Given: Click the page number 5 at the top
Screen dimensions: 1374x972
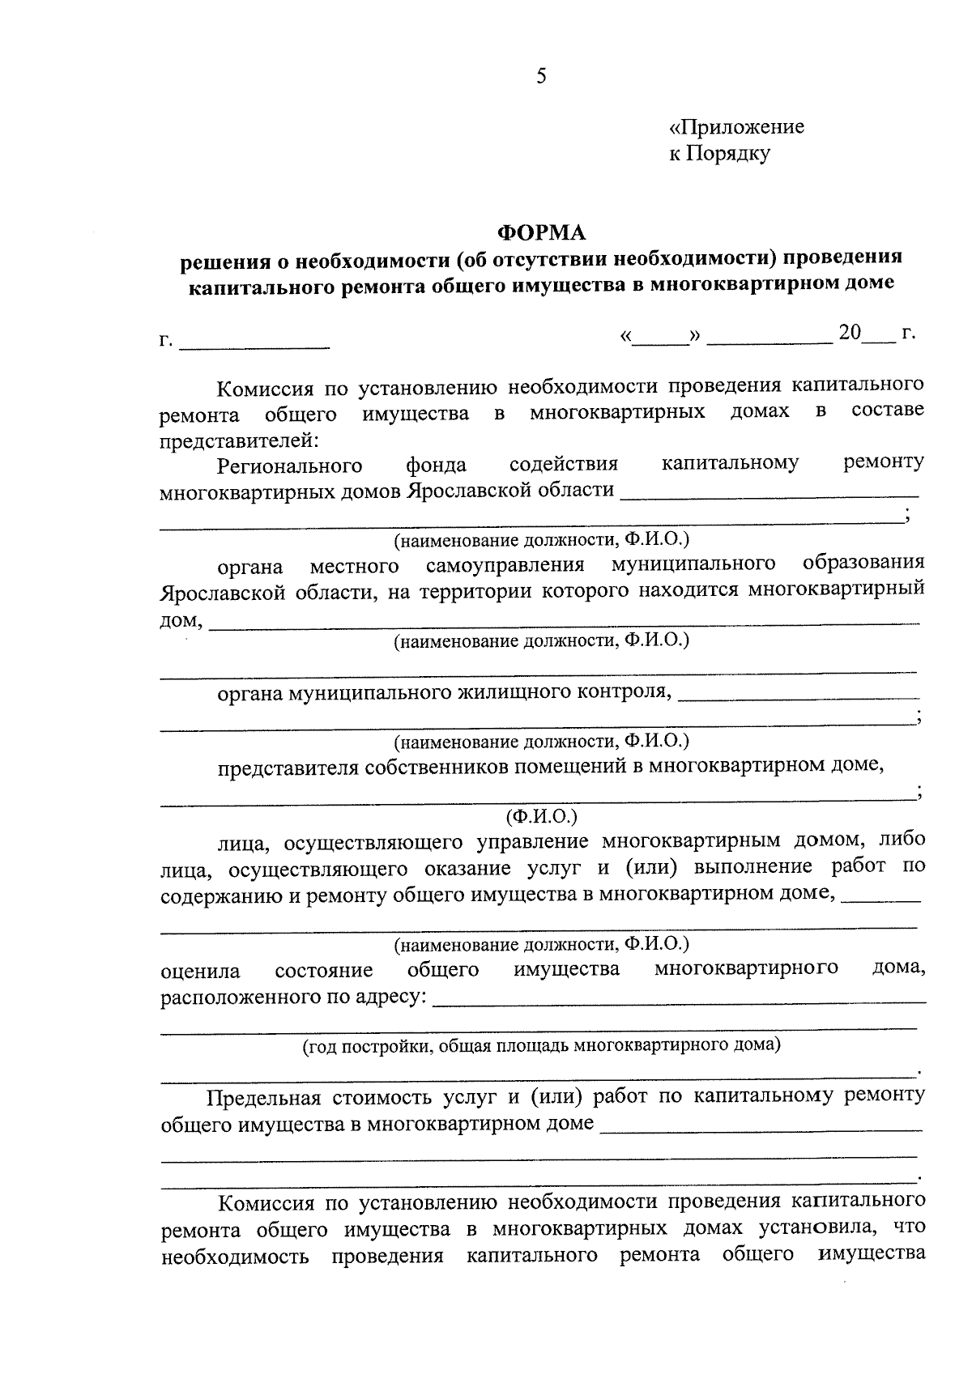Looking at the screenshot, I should (541, 77).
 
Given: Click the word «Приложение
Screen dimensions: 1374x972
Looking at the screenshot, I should (736, 127).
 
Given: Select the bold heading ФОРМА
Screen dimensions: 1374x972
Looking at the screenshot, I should (541, 233).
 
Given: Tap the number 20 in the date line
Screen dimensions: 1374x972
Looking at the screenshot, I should (850, 333).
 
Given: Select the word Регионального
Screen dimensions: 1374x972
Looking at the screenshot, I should (289, 466).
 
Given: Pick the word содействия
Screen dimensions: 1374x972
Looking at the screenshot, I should (564, 465).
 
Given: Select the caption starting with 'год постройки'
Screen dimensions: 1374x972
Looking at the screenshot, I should (541, 1045).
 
